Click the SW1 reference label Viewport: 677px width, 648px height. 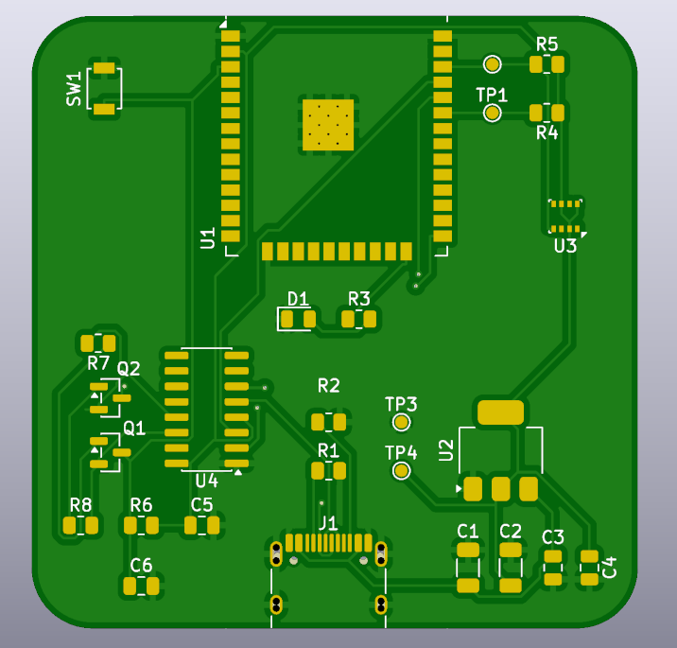click(x=74, y=89)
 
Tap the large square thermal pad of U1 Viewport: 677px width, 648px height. click(x=328, y=125)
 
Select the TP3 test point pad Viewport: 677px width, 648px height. click(x=401, y=422)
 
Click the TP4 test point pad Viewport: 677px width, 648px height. click(x=401, y=470)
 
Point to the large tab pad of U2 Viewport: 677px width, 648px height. click(x=500, y=412)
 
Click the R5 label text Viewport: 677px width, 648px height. click(x=547, y=44)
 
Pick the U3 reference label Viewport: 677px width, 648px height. click(x=565, y=246)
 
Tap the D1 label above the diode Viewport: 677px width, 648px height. click(x=298, y=299)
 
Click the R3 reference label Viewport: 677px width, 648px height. click(x=359, y=299)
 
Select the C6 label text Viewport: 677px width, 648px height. click(x=141, y=565)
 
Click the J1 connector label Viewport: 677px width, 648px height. click(x=328, y=524)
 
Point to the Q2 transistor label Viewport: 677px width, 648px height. click(x=129, y=369)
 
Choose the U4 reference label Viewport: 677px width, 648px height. click(x=206, y=481)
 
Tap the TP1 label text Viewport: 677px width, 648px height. click(x=492, y=95)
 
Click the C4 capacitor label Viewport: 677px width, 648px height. click(x=609, y=568)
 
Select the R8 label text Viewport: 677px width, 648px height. click(x=80, y=504)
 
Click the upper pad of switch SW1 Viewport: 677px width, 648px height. click(x=105, y=68)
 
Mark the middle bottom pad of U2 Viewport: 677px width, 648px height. click(x=501, y=489)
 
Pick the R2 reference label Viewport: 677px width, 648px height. click(x=328, y=385)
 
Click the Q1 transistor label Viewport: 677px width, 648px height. click(x=134, y=429)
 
